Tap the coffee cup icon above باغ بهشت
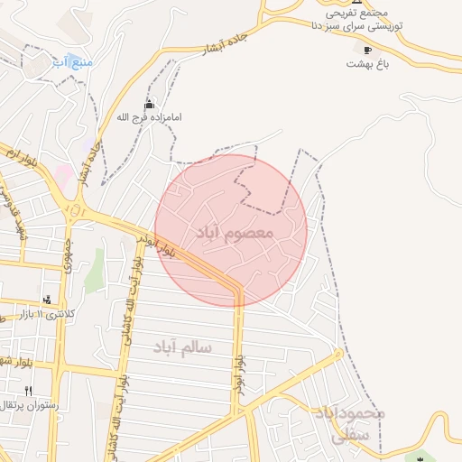click(367, 50)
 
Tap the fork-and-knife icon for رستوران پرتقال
click(29, 392)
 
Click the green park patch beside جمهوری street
click(95, 271)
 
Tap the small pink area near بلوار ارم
click(61, 171)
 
